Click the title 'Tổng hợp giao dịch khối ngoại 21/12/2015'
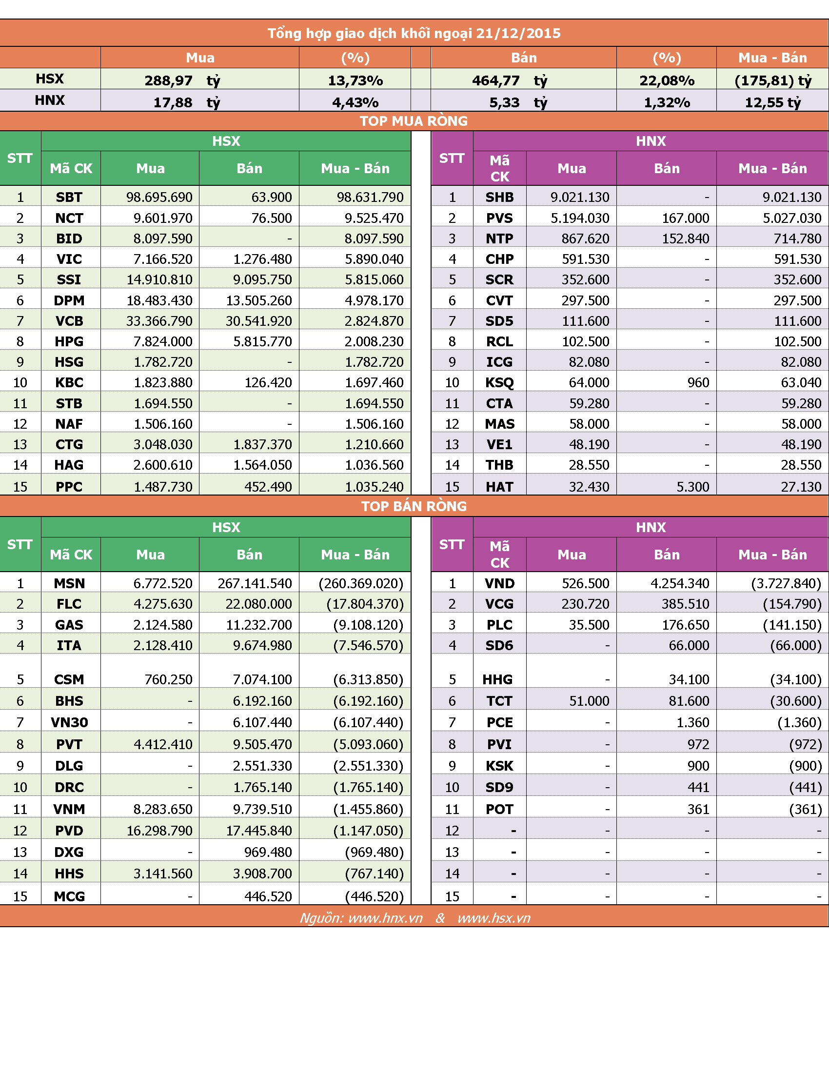(x=414, y=33)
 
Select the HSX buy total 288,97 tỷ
(x=182, y=80)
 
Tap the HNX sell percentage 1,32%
(x=667, y=102)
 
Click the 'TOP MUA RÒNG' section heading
(x=414, y=121)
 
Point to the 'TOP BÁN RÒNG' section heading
(x=414, y=506)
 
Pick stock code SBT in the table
(x=69, y=197)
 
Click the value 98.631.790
(x=370, y=197)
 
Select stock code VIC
(x=69, y=259)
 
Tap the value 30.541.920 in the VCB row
(x=258, y=321)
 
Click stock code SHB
(x=499, y=197)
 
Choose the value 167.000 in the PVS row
(x=685, y=218)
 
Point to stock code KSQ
(x=499, y=382)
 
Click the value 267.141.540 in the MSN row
(x=255, y=583)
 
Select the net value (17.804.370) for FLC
(x=365, y=604)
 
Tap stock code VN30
(x=69, y=722)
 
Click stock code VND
(x=499, y=583)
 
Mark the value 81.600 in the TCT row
(x=689, y=700)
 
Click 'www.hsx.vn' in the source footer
(x=493, y=918)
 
